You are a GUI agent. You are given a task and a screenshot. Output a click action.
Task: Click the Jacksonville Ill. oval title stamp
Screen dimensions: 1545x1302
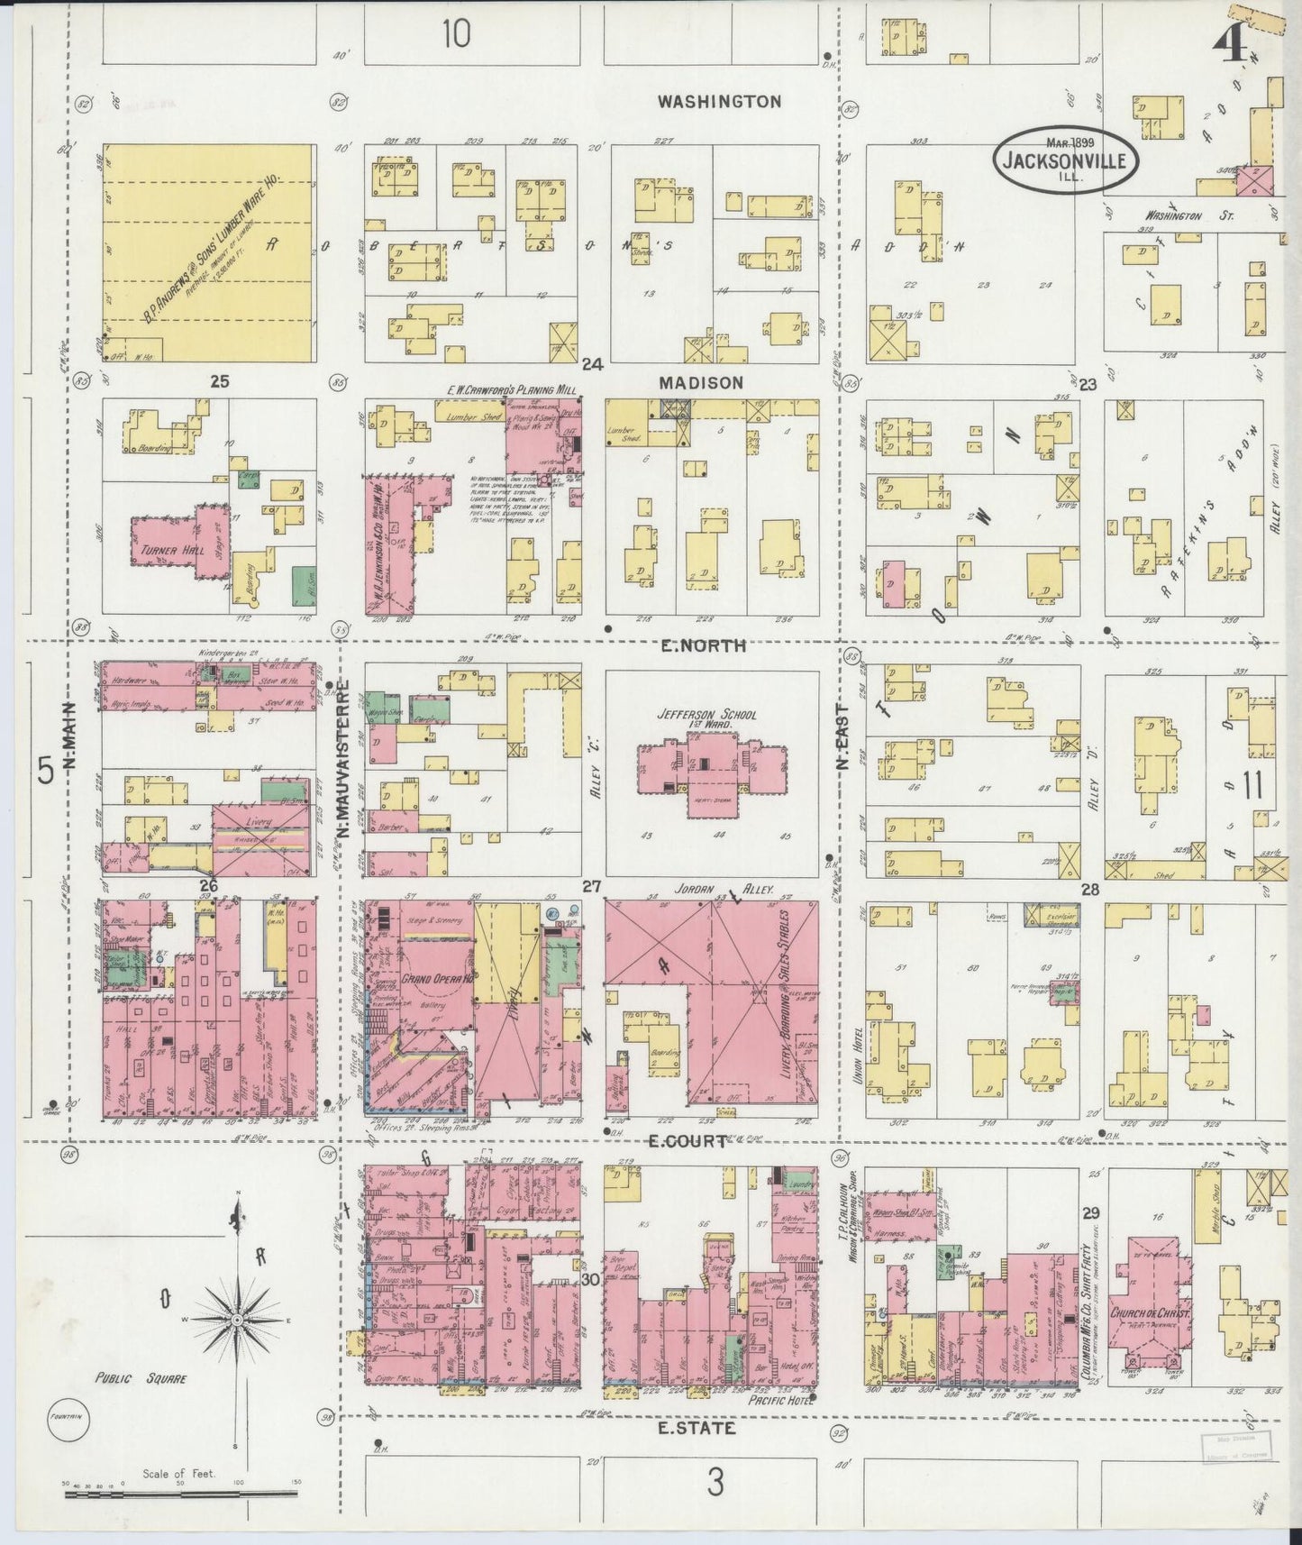1066,161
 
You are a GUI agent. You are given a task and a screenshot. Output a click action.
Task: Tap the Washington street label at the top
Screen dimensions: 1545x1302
718,102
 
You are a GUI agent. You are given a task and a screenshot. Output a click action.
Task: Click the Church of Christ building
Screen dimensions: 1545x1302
1151,1313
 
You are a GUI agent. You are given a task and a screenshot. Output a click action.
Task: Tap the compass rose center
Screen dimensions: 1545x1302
237,1320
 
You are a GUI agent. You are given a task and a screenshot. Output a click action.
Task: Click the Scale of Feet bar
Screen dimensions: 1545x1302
180,1494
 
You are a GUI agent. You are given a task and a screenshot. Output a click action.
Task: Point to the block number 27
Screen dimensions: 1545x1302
590,887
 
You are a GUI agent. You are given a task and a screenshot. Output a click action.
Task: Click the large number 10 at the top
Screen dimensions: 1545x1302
456,35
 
